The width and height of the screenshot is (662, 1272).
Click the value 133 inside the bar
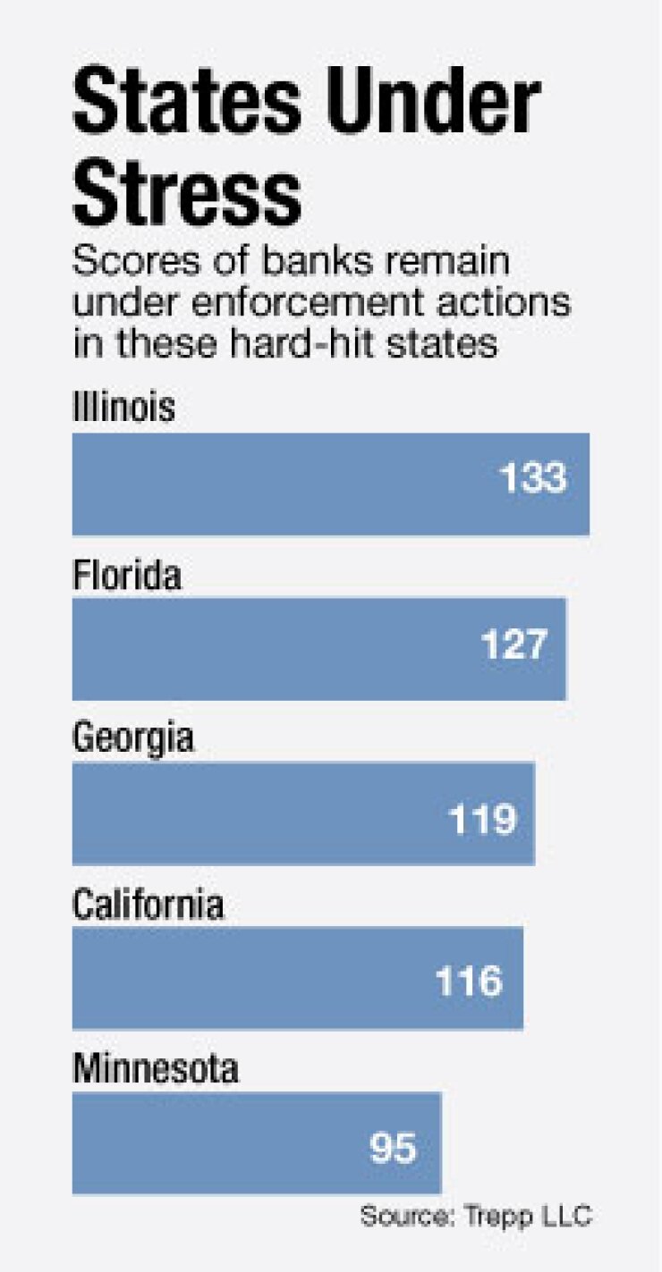(533, 479)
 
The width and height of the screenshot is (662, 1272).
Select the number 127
(512, 644)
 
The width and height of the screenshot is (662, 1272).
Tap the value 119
(482, 818)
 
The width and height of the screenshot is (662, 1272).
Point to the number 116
(469, 982)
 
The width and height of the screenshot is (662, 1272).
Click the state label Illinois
(123, 409)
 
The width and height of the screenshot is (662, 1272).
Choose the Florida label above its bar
(126, 575)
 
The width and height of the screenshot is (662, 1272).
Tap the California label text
(148, 905)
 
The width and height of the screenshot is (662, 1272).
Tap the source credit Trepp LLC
(477, 1217)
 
